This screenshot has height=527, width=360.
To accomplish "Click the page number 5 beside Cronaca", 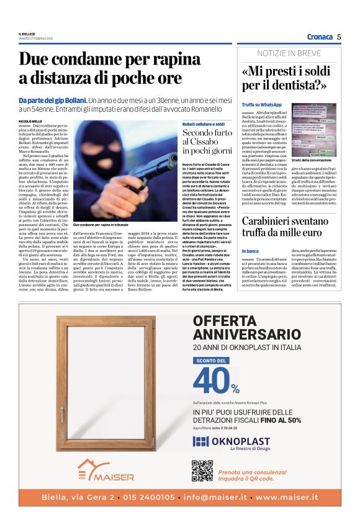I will [x=339, y=37].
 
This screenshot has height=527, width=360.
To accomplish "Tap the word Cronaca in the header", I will [x=320, y=37].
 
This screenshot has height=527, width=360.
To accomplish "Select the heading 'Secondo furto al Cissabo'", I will [x=207, y=142].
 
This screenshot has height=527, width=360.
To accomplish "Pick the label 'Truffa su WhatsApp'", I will [x=262, y=105].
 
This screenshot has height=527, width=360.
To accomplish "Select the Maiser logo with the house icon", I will [x=106, y=471].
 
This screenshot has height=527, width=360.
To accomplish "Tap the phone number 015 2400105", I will [x=149, y=497].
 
